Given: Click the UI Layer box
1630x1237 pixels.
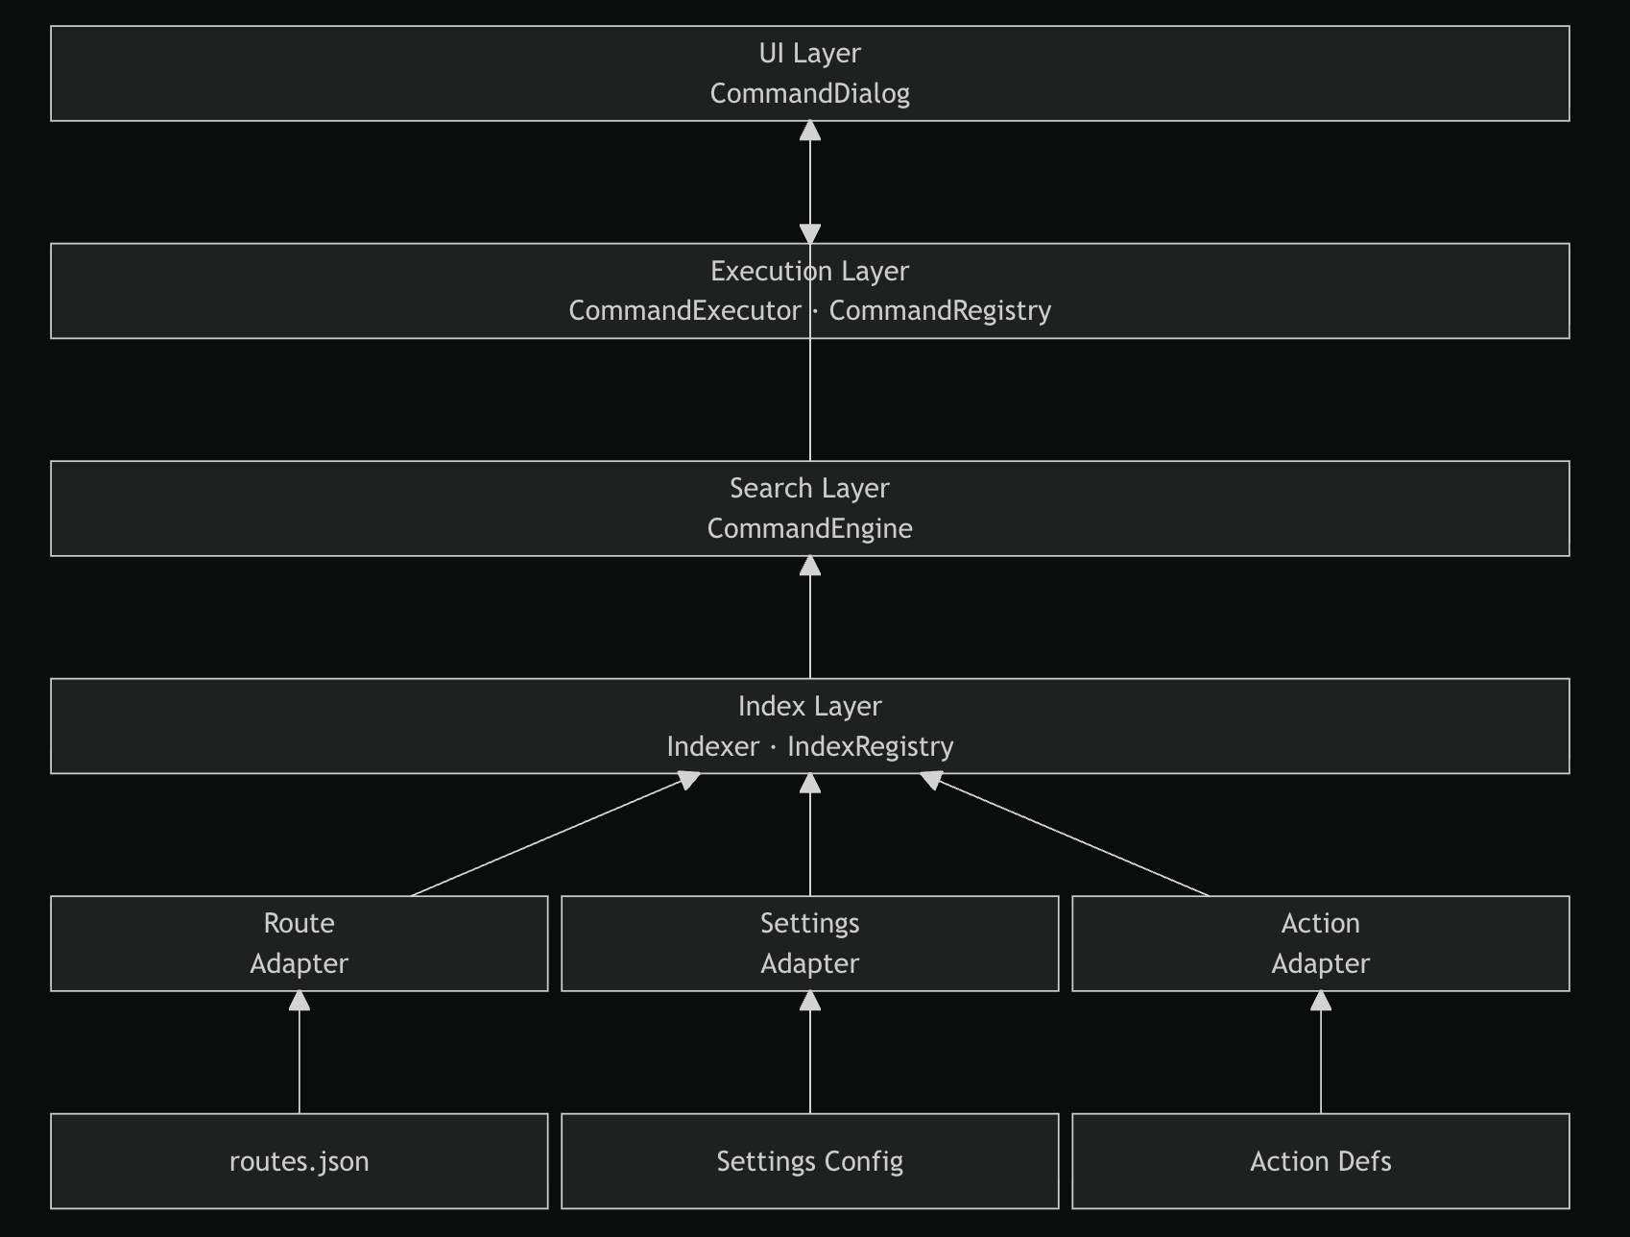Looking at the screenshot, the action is point(810,74).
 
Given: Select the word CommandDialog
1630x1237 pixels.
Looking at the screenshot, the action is point(810,94).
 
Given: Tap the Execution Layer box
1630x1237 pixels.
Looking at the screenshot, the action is point(810,291).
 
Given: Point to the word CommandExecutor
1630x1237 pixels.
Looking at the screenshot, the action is point(684,311).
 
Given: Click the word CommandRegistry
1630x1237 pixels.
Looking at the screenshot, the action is point(940,311).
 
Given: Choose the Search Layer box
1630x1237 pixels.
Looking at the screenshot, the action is point(810,508).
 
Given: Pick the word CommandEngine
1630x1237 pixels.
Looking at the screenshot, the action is point(810,529).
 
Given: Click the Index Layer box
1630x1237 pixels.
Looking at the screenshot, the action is point(810,726).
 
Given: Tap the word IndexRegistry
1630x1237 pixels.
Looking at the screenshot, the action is point(871,747).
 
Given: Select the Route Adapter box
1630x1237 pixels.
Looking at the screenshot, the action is point(300,943).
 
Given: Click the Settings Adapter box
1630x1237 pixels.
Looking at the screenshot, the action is point(810,943).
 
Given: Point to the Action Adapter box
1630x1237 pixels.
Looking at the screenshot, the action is point(1321,943).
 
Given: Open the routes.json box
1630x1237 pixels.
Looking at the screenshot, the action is point(300,1161).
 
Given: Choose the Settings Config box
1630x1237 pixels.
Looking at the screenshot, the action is point(810,1161).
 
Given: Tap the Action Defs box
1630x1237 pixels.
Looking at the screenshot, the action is point(1321,1161).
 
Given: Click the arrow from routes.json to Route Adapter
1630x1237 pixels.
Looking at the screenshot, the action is point(300,1053).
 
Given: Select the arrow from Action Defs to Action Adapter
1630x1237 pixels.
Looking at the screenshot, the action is point(1321,1053).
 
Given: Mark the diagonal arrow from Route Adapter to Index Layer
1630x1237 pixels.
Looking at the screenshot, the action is point(555,835).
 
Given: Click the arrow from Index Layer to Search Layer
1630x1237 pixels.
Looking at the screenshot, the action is point(810,618).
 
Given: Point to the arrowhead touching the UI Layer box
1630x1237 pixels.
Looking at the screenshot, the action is point(810,132).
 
